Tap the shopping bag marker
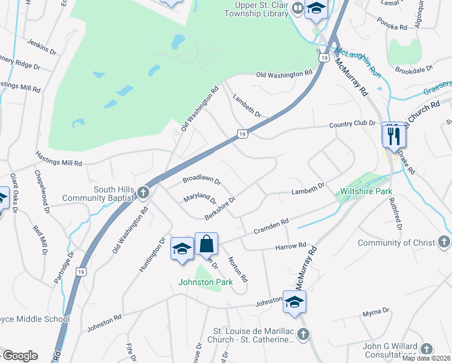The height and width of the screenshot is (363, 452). point(206,244)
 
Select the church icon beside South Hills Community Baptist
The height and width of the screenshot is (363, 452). point(143,193)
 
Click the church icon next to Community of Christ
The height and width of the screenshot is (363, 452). point(443,243)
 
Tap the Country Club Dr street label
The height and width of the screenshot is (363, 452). point(352,125)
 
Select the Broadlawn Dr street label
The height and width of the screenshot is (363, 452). point(202,181)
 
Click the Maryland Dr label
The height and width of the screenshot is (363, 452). point(199,198)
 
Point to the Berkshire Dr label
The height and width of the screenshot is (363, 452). point(219,206)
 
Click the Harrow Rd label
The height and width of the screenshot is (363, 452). point(291,246)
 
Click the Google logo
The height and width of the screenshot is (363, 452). point(20,356)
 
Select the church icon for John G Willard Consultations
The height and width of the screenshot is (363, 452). point(427,349)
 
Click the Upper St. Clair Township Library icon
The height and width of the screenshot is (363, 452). point(297,8)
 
